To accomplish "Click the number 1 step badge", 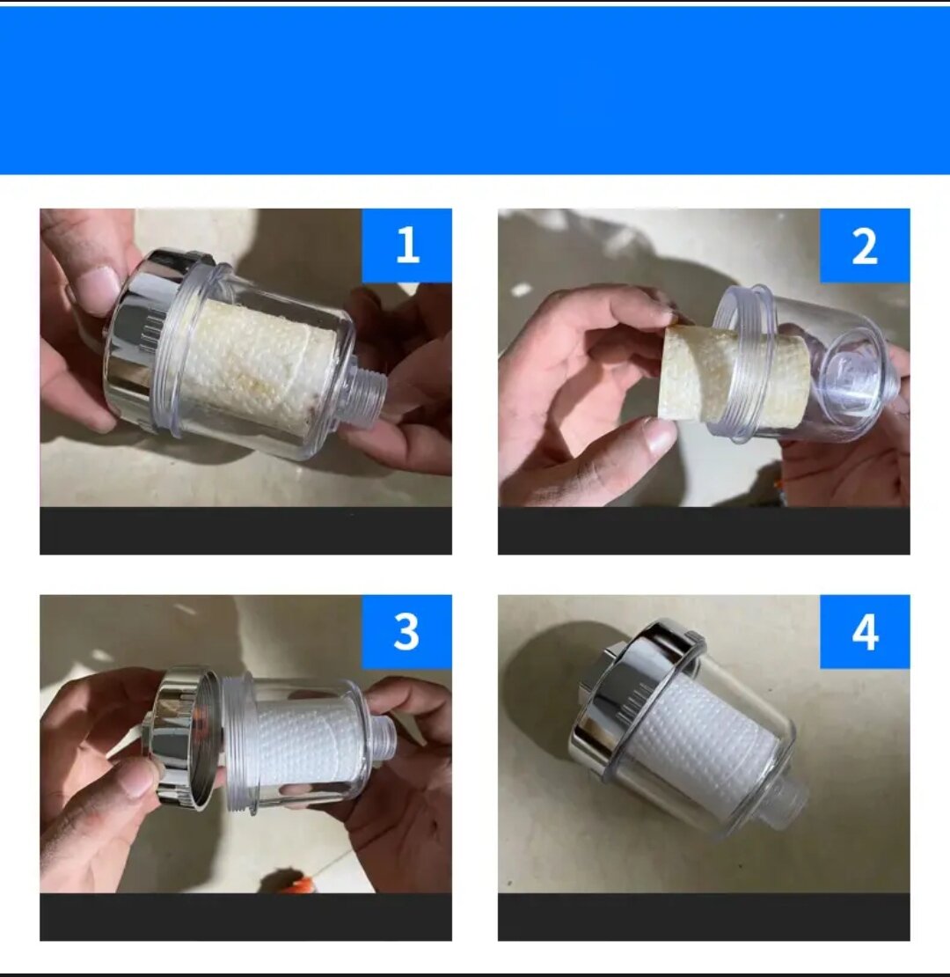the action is [406, 245].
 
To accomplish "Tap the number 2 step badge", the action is [865, 245].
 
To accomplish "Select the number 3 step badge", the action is [406, 632].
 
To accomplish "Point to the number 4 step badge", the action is [865, 632].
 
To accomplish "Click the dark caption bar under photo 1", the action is [246, 531].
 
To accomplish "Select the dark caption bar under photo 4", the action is [704, 917].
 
